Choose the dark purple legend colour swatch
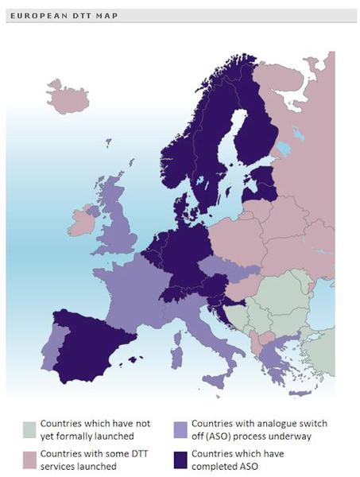[180, 460]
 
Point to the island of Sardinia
[176, 348]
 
